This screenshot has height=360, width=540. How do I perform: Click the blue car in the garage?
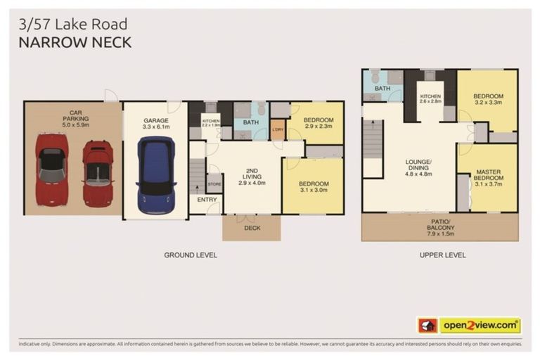(155, 175)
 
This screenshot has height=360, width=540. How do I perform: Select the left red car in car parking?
(52, 167)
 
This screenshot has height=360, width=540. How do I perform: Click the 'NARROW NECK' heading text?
(75, 43)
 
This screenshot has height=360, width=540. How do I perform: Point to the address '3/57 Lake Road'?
(72, 26)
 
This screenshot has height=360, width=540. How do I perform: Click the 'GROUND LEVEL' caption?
(190, 255)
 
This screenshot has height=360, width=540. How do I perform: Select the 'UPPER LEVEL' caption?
(443, 255)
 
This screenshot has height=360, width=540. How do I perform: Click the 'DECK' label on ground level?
(252, 228)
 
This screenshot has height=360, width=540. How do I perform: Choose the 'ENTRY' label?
(207, 200)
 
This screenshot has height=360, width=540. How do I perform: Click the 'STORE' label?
(214, 184)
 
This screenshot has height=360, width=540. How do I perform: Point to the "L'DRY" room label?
(278, 129)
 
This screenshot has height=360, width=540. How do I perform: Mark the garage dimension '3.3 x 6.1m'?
(157, 127)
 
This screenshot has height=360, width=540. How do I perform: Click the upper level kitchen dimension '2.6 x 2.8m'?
(430, 102)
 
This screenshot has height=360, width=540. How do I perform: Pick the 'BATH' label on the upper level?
(382, 89)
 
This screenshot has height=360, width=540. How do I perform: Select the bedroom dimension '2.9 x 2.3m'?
(318, 127)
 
